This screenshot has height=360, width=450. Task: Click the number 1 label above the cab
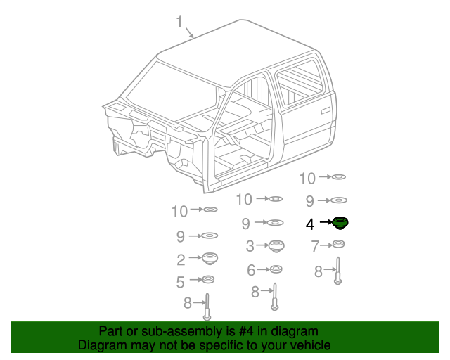point(180,22)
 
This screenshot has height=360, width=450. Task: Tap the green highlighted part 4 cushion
point(340,224)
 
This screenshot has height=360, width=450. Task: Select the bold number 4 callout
point(310,224)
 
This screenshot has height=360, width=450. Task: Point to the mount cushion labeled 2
point(209,258)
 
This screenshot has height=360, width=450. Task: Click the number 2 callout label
point(181,259)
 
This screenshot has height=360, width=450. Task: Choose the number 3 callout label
point(250,246)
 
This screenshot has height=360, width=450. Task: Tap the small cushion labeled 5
point(208,281)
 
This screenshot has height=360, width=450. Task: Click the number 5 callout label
point(180,282)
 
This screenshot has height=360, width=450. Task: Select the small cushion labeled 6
point(276,269)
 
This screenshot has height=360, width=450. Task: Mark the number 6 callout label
point(250,270)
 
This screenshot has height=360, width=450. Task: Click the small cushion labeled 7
point(338,244)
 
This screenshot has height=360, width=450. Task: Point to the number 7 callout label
point(315,246)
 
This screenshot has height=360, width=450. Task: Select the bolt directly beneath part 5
point(207,307)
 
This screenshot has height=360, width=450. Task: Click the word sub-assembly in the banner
point(165,331)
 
